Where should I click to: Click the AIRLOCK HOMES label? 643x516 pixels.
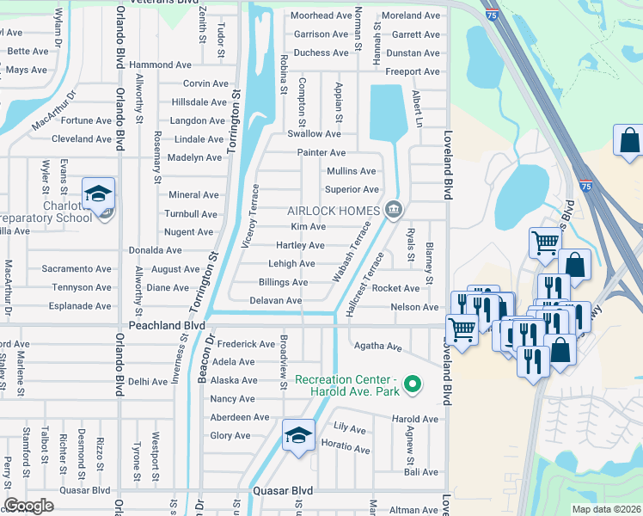334,212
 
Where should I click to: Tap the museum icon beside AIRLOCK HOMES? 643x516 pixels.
394,209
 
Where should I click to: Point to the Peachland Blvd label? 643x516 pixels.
167,326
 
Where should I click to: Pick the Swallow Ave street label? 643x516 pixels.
314,133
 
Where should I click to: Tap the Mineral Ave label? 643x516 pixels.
193,195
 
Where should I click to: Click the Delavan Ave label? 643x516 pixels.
275,301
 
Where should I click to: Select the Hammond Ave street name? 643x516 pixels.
160,64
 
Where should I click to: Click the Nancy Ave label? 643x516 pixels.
232,399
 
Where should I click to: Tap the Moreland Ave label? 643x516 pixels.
410,15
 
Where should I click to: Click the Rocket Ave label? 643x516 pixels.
395,289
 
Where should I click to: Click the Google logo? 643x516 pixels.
28,506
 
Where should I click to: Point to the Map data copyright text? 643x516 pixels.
605,509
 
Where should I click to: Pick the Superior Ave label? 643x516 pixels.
351,189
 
